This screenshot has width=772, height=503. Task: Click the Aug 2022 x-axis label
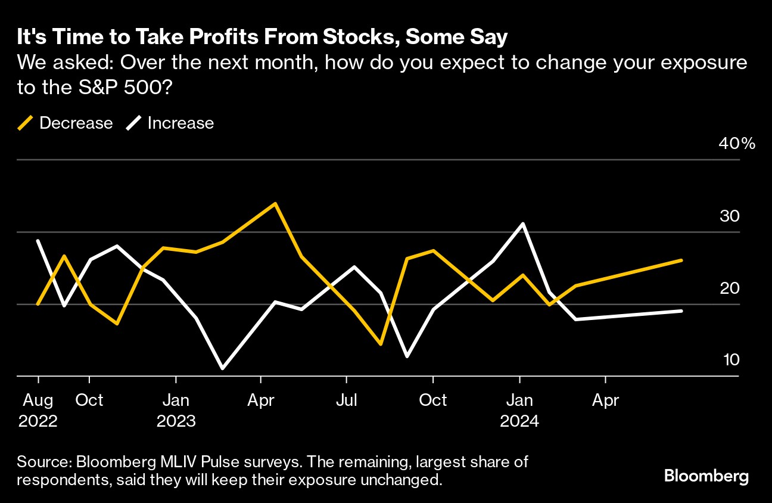(x=38, y=410)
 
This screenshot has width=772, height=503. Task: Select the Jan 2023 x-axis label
(x=176, y=410)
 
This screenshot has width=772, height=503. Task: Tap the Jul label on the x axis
(x=346, y=400)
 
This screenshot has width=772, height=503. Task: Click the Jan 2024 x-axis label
(x=520, y=410)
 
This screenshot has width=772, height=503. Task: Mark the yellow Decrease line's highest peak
(x=275, y=203)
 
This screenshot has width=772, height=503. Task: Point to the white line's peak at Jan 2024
(x=523, y=223)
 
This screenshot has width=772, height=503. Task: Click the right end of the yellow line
(x=681, y=260)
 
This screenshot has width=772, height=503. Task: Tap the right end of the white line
(x=681, y=311)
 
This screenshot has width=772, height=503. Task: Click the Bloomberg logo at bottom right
(x=706, y=476)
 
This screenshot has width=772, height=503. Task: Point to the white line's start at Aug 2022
(x=38, y=241)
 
